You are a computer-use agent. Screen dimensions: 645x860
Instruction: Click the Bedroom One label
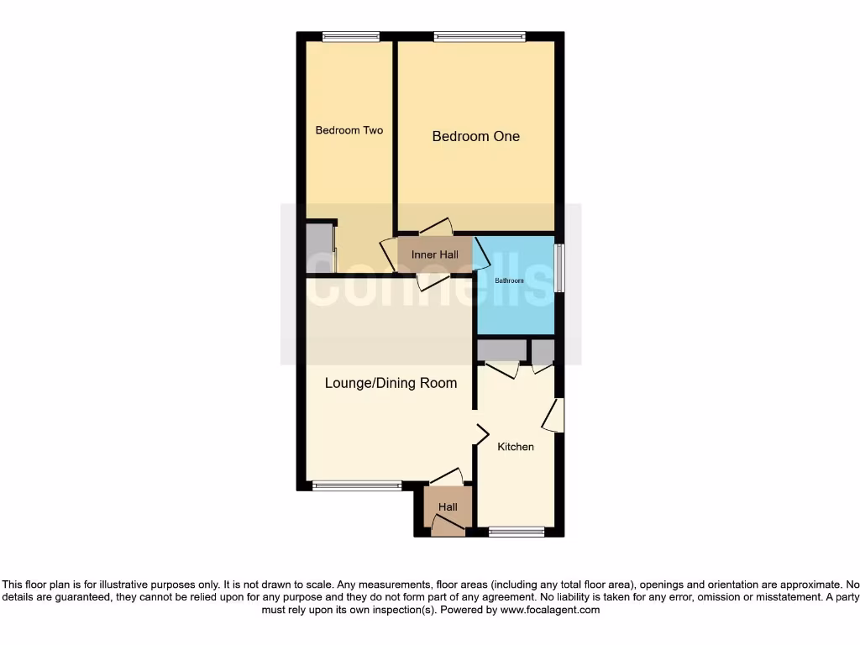475,136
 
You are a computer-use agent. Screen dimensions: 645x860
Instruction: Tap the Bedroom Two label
349,130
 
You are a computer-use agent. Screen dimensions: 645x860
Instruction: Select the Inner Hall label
434,254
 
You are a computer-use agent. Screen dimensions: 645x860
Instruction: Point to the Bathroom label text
508,281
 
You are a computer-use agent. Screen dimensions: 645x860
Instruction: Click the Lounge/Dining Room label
391,383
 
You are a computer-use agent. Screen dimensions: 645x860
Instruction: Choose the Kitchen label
515,447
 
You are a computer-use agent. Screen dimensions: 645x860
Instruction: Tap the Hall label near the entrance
448,507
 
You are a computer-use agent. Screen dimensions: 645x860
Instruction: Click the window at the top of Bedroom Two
350,36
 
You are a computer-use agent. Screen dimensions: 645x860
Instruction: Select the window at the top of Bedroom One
480,36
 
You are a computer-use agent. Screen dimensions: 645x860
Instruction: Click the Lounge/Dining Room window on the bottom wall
356,485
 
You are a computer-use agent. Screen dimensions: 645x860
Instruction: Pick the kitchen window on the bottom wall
517,531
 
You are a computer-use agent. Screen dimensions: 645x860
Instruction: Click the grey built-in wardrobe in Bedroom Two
319,248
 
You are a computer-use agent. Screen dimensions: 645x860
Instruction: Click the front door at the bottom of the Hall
447,526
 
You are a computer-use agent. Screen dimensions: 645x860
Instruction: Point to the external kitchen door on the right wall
553,416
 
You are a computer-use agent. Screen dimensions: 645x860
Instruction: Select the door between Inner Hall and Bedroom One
436,227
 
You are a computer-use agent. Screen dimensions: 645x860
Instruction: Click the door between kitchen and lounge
481,433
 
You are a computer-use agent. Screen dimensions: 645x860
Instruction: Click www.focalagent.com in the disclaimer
549,611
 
